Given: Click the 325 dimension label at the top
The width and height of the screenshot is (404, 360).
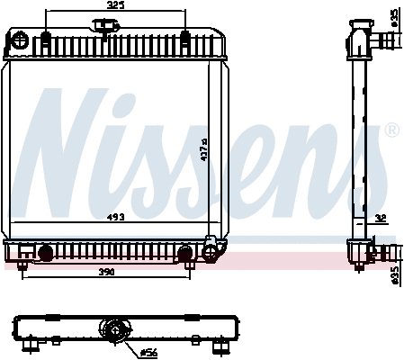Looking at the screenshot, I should point(114,5).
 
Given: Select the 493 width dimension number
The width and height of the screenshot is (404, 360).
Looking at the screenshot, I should point(116,218).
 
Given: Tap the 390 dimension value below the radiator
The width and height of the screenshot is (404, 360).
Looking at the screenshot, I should point(107,271).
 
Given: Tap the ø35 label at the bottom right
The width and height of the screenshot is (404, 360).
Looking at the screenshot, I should point(393,274).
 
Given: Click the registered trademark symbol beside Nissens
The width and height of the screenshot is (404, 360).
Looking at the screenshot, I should point(391,131).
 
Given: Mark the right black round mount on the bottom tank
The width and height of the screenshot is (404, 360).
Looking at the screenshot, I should point(186,253).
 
